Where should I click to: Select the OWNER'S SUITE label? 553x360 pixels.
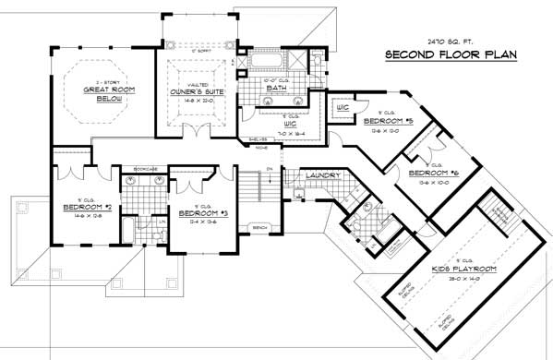pyautogui.click(x=194, y=92)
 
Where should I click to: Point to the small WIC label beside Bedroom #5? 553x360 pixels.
pyautogui.click(x=341, y=107)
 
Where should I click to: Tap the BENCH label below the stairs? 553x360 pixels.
pyautogui.click(x=259, y=226)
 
